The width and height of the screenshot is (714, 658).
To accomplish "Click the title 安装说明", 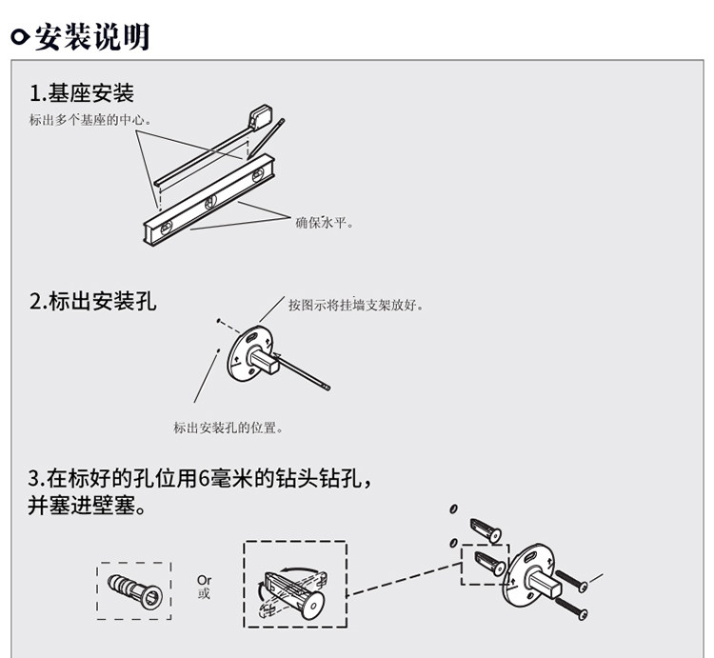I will (x=91, y=37).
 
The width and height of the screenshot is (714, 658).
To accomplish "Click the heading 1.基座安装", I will (x=82, y=93).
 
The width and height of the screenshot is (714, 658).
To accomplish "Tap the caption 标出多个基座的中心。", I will (x=90, y=120).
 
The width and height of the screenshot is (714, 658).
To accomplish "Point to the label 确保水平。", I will (x=325, y=222).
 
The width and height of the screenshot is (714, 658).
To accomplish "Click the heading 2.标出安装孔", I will (x=92, y=302).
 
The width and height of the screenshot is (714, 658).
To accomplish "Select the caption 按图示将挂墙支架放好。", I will (x=356, y=305).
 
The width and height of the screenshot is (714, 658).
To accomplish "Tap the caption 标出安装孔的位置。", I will (x=228, y=428).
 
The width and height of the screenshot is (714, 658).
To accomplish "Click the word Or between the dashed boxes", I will (x=204, y=580).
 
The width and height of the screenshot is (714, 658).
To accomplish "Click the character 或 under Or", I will (x=204, y=593).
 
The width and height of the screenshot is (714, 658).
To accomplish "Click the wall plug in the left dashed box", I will (x=134, y=591).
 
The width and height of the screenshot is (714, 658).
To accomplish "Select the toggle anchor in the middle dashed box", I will (x=290, y=591).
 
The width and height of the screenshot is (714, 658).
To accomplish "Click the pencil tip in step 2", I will (x=327, y=387).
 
